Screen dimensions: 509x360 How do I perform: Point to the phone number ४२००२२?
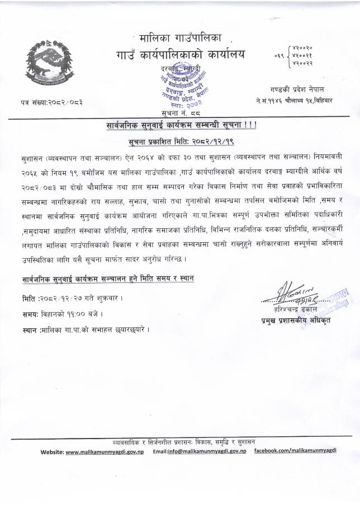pos(302,63)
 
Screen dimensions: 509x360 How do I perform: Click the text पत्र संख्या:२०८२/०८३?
pos(50,102)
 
